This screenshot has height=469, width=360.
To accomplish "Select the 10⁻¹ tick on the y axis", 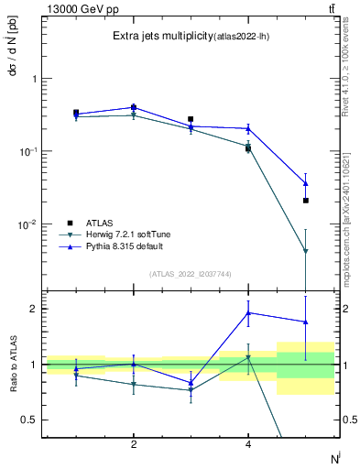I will tap(30, 151).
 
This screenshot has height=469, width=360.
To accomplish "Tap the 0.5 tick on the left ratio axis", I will tap(29, 420).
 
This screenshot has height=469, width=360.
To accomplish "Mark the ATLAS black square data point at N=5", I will tap(306, 201).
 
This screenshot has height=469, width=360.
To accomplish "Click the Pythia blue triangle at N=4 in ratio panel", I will tap(248, 312).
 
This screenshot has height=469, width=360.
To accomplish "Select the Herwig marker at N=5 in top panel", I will tap(306, 251).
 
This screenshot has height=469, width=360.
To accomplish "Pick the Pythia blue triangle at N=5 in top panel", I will tap(306, 183).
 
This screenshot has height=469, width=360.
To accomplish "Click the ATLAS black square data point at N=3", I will tap(191, 119).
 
